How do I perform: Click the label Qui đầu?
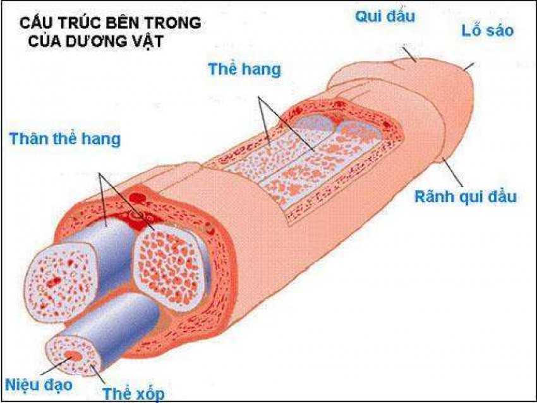tap(385, 16)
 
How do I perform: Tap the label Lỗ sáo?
tap(487, 30)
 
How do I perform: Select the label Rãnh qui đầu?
tap(465, 196)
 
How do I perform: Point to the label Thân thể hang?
tap(64, 139)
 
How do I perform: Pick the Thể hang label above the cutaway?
tap(244, 69)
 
